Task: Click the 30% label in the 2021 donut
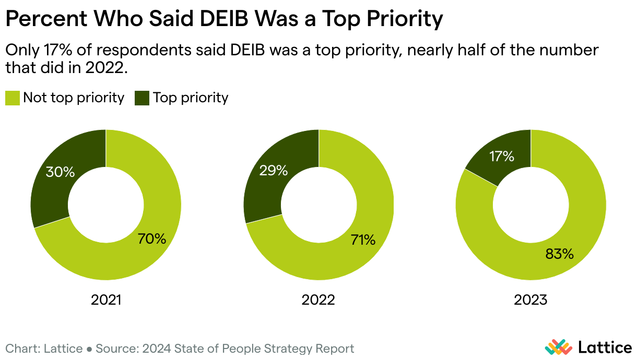tap(61, 172)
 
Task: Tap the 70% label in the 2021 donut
tap(152, 239)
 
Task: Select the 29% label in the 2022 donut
tap(273, 170)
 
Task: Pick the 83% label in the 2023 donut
tap(559, 254)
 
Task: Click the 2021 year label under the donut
tap(106, 300)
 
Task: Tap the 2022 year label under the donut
tap(318, 300)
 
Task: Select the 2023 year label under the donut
tap(530, 300)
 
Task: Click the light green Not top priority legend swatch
tap(13, 98)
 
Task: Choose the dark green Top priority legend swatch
tap(142, 98)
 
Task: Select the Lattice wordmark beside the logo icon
tap(605, 347)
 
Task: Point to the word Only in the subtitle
tap(20, 51)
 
